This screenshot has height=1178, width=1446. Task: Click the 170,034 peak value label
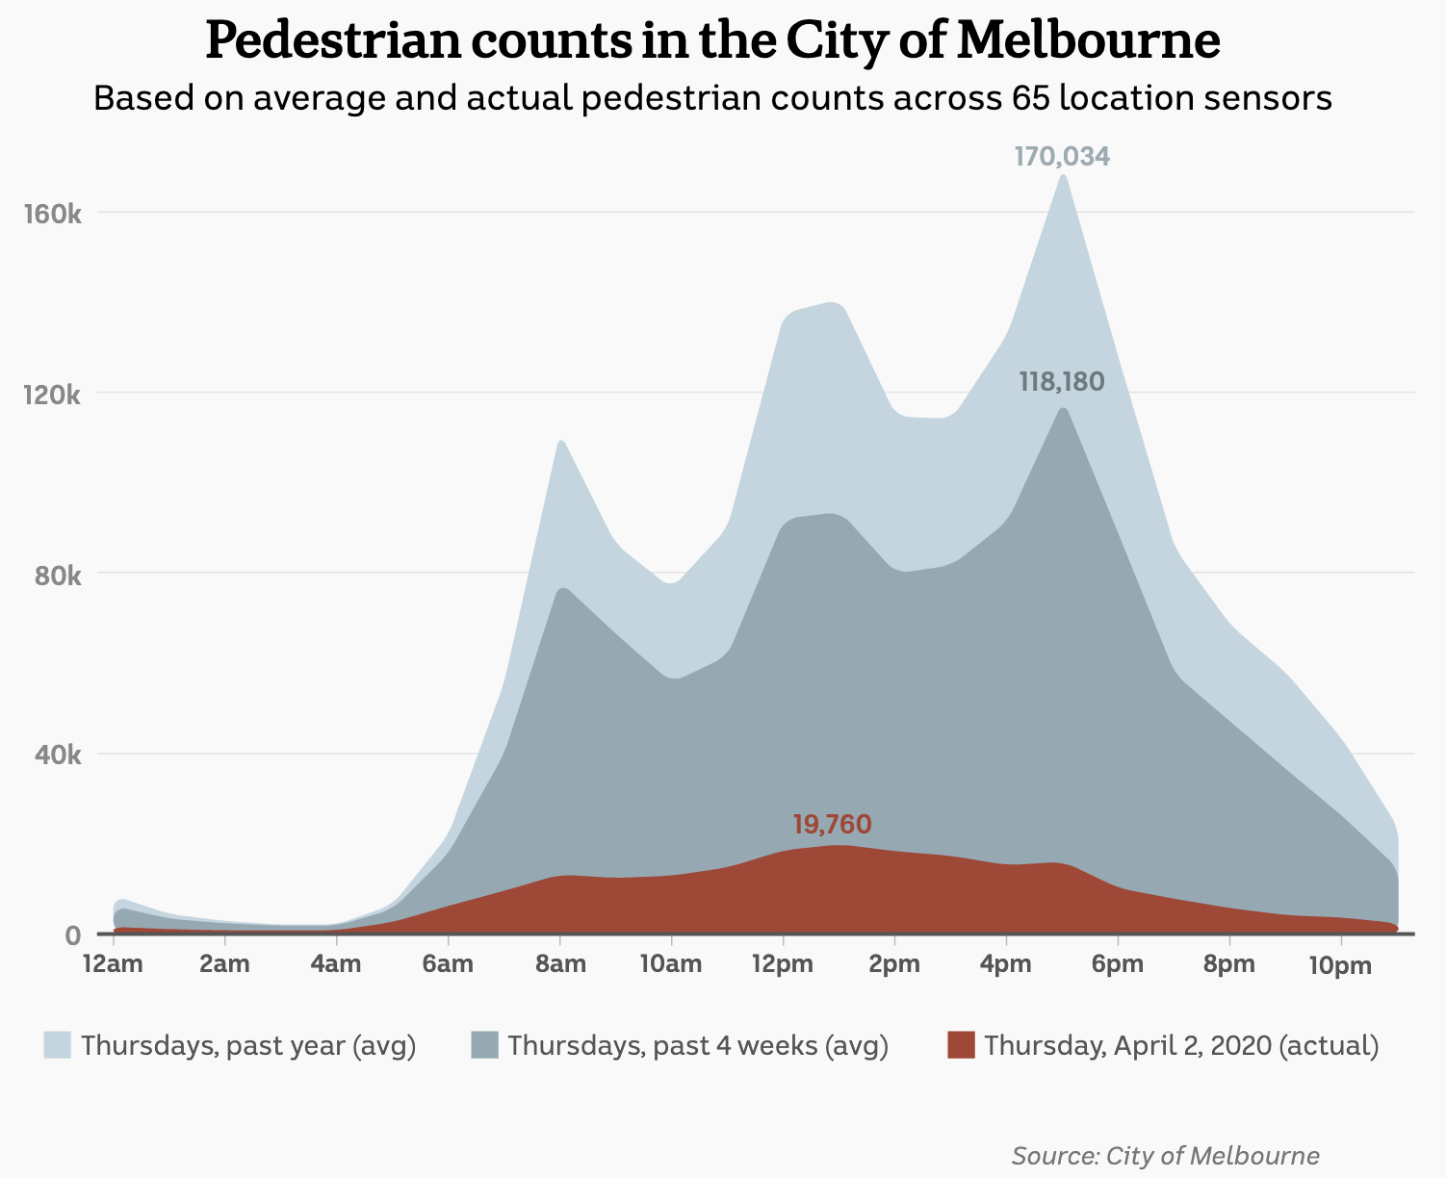pyautogui.click(x=1062, y=156)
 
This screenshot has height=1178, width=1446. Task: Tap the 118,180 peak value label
pyautogui.click(x=1062, y=382)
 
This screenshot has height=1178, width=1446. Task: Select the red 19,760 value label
pyautogui.click(x=832, y=824)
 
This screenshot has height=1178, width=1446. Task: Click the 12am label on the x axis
pyautogui.click(x=114, y=964)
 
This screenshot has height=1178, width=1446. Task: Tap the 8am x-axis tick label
pyautogui.click(x=560, y=964)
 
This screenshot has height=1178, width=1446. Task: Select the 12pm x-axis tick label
pyautogui.click(x=783, y=964)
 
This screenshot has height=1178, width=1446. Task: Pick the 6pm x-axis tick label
pyautogui.click(x=1118, y=964)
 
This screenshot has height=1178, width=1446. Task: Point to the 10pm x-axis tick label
pyautogui.click(x=1340, y=965)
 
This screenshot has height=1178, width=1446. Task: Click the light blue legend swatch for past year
pyautogui.click(x=58, y=1045)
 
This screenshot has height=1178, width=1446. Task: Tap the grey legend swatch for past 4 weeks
pyautogui.click(x=484, y=1045)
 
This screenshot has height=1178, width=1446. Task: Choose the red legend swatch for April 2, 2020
pyautogui.click(x=961, y=1045)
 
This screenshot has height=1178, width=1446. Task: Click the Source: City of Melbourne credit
pyautogui.click(x=1165, y=1155)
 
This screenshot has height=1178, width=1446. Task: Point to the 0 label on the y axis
pyautogui.click(x=73, y=935)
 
